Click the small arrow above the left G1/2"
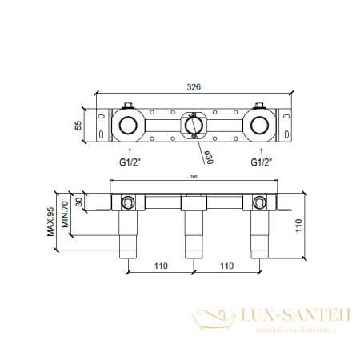click(126, 149)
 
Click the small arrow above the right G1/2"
click(258, 149)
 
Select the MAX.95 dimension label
click(50, 221)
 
